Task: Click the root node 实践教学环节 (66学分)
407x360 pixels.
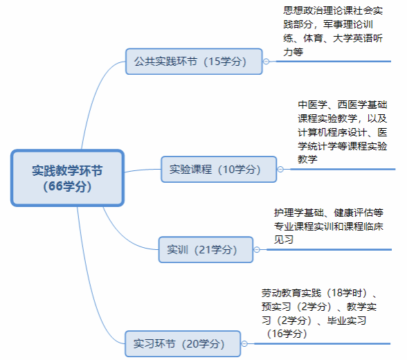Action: [x=68, y=178]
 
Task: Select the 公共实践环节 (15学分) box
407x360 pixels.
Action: [x=194, y=62]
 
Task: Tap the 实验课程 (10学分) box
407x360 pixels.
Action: [x=219, y=169]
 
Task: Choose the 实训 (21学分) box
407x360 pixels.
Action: [x=206, y=250]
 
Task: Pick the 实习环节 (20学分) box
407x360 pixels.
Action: [x=183, y=343]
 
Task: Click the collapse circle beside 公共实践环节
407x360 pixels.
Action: [x=266, y=62]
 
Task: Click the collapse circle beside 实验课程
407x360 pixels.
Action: [x=280, y=169]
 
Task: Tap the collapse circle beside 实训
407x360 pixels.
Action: [x=257, y=250]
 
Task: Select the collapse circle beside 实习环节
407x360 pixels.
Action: [x=244, y=343]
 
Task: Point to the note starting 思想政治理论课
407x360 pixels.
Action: [x=333, y=31]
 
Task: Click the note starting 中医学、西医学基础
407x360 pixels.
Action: [x=343, y=132]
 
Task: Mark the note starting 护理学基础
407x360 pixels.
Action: [x=329, y=226]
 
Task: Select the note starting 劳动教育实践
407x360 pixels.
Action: [x=319, y=314]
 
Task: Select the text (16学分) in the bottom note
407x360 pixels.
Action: [x=287, y=334]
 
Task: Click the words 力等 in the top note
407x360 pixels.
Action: [x=293, y=52]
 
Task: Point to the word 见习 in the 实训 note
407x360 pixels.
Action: [x=284, y=240]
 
